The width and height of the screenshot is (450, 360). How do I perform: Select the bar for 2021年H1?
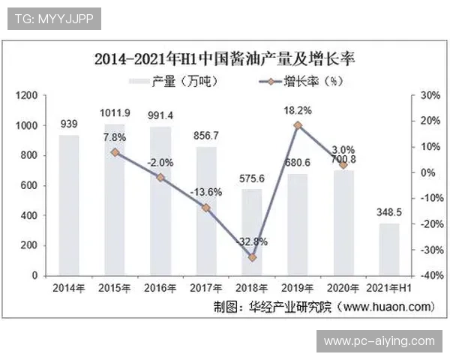click(388, 249)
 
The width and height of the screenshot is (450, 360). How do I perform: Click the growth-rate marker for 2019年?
click(298, 125)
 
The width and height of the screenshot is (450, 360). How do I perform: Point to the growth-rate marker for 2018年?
click(252, 257)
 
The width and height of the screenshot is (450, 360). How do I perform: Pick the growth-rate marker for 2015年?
click(115, 152)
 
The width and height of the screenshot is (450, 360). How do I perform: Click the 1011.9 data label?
click(115, 113)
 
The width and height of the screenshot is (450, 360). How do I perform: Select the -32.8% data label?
click(252, 242)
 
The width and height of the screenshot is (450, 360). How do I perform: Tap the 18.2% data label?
click(298, 110)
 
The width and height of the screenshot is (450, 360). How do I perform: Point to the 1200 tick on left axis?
click(28, 95)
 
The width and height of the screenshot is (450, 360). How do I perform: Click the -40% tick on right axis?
click(428, 276)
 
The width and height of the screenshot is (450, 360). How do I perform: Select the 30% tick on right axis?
click(428, 95)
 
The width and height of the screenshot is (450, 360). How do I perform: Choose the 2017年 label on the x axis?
click(206, 288)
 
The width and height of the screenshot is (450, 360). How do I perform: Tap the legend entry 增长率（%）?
click(292, 81)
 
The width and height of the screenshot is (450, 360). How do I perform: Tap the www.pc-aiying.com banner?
click(379, 341)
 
